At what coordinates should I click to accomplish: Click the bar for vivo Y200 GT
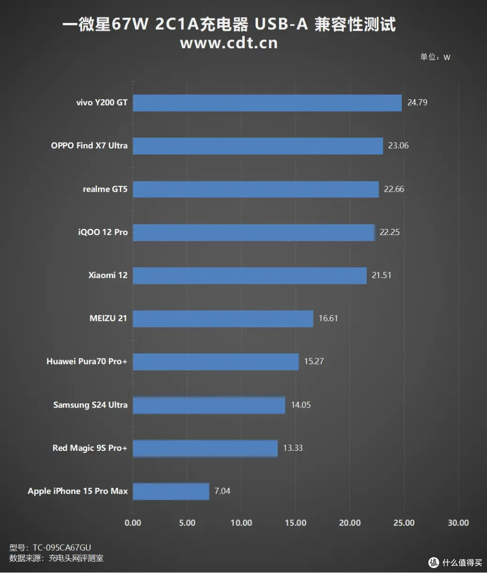(x=267, y=103)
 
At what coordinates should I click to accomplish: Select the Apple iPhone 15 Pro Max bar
(x=171, y=491)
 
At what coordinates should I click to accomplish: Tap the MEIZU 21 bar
(x=223, y=319)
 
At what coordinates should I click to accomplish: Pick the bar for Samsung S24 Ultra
(x=209, y=405)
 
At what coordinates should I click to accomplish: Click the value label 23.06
(x=398, y=146)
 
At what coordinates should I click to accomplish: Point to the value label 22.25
(x=390, y=232)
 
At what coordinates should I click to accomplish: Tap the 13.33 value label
(x=293, y=448)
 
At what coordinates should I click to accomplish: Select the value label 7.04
(x=222, y=491)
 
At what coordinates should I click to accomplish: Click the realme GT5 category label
(x=105, y=189)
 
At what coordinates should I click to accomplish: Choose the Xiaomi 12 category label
(x=108, y=275)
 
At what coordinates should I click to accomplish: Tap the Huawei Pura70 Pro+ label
(x=87, y=362)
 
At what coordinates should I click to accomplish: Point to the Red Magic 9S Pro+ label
(x=90, y=448)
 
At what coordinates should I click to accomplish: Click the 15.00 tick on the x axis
(x=296, y=523)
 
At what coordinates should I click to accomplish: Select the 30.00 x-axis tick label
(x=458, y=523)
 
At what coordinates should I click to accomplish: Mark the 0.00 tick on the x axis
(x=133, y=523)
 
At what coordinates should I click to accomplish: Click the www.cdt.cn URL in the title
(x=229, y=43)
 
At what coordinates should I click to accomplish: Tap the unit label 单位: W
(x=435, y=57)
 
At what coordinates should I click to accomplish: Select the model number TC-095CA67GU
(x=62, y=547)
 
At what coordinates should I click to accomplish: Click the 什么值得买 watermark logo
(x=455, y=563)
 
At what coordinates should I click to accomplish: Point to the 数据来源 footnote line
(x=56, y=558)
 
